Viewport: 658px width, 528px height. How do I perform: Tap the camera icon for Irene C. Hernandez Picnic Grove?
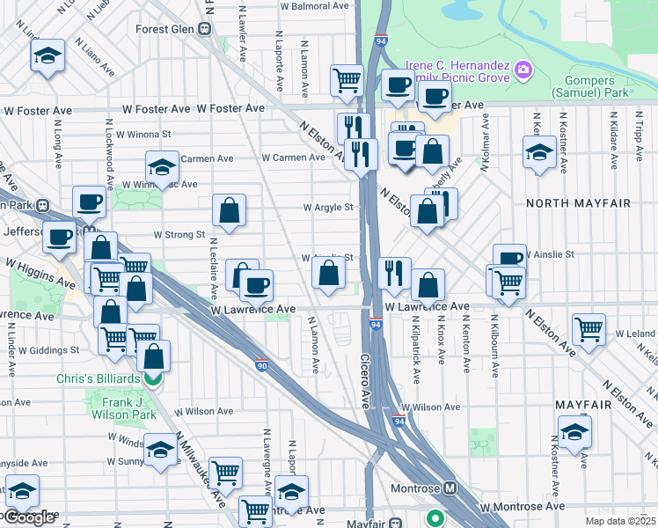523,69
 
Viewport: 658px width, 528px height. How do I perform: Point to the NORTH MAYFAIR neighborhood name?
579,203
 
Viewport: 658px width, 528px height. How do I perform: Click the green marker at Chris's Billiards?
153,379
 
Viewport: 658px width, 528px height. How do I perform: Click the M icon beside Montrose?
450,488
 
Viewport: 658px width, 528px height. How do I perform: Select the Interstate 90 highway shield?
261,363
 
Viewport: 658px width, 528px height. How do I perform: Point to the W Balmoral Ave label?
315,5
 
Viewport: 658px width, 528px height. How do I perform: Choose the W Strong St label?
179,235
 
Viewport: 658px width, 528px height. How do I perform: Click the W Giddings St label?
50,349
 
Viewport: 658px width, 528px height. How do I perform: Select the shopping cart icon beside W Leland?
589,330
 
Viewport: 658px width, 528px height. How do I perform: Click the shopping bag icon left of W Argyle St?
229,210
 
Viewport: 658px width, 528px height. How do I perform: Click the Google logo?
28,517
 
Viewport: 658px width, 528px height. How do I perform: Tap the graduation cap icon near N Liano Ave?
48,57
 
